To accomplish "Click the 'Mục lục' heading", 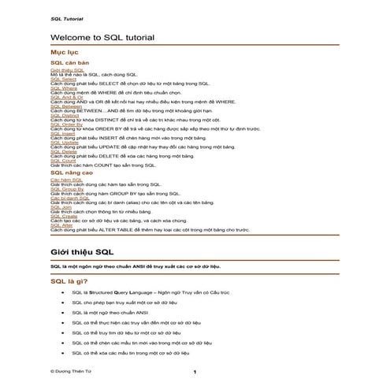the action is tap(63, 52).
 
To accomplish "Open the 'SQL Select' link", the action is tap(63, 80).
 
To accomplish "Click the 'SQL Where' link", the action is tap(63, 88).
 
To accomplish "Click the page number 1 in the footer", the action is tap(195, 371).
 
